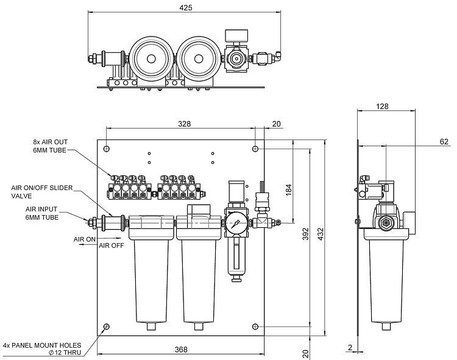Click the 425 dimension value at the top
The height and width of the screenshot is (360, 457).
click(186, 8)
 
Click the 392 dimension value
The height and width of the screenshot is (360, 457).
click(306, 235)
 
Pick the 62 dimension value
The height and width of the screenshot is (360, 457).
click(443, 141)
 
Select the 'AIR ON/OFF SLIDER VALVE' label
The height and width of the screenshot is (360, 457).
click(42, 192)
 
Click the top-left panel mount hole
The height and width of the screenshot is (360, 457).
click(107, 149)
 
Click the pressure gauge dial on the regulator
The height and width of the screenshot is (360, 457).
click(236, 222)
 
